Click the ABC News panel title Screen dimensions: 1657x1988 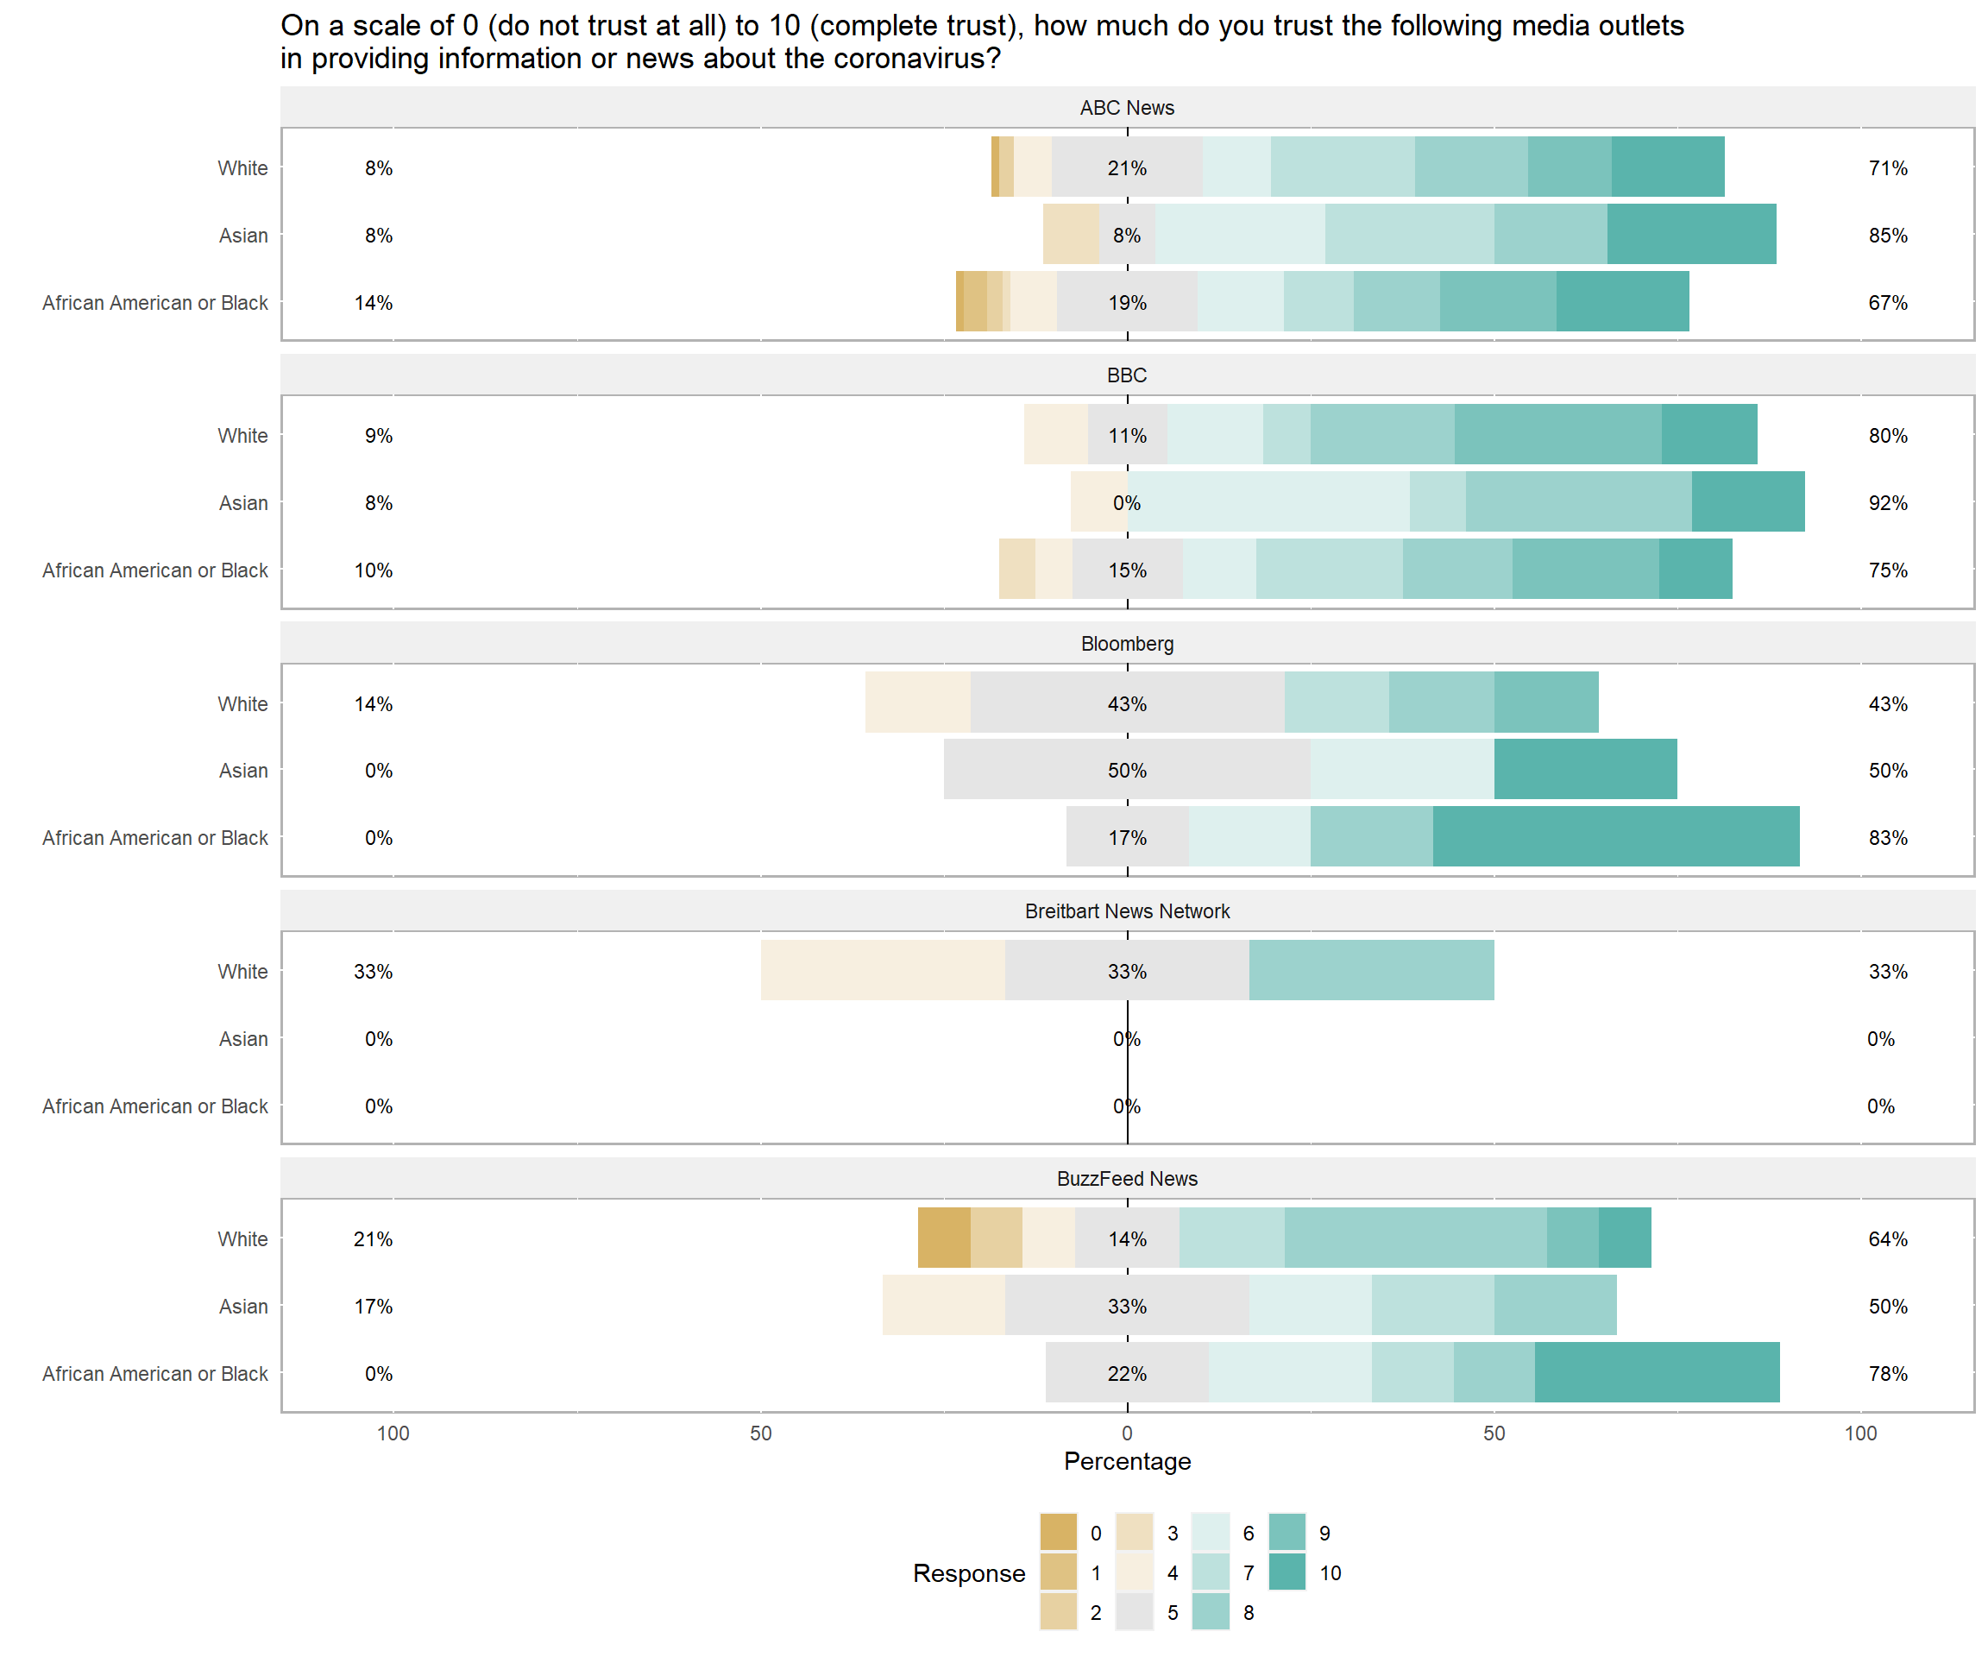click(1127, 108)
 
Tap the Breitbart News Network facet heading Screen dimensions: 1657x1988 click(1127, 910)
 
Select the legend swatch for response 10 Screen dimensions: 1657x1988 click(1287, 1572)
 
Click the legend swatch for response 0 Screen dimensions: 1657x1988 click(1059, 1533)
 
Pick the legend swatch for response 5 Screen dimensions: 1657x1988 click(1134, 1612)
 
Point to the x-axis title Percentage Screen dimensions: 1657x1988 click(1127, 1461)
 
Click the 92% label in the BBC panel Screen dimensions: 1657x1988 click(1888, 503)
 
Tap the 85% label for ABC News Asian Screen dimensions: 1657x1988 click(1888, 235)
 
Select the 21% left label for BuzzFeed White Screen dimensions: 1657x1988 click(373, 1238)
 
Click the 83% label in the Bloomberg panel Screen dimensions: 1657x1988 click(1888, 838)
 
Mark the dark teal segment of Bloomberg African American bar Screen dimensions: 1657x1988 click(1616, 836)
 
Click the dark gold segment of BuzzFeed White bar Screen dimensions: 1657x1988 click(944, 1238)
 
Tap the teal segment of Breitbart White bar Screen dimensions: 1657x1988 click(1371, 969)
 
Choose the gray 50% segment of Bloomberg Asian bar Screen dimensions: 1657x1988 click(1127, 769)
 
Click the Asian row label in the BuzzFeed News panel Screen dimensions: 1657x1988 click(243, 1307)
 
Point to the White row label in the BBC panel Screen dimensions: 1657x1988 click(242, 436)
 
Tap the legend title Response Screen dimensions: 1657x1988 click(968, 1572)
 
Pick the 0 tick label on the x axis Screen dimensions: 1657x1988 click(1127, 1433)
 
